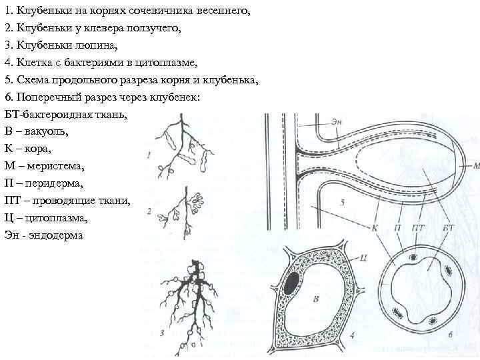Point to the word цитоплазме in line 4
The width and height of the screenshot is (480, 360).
pyautogui.click(x=167, y=63)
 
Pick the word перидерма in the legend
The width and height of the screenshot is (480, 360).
pyautogui.click(x=55, y=183)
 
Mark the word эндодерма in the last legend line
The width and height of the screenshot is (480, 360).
pyautogui.click(x=56, y=235)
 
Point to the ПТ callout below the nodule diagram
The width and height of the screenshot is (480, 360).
pyautogui.click(x=418, y=229)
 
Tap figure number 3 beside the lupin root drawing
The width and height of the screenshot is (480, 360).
pyautogui.click(x=163, y=331)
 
